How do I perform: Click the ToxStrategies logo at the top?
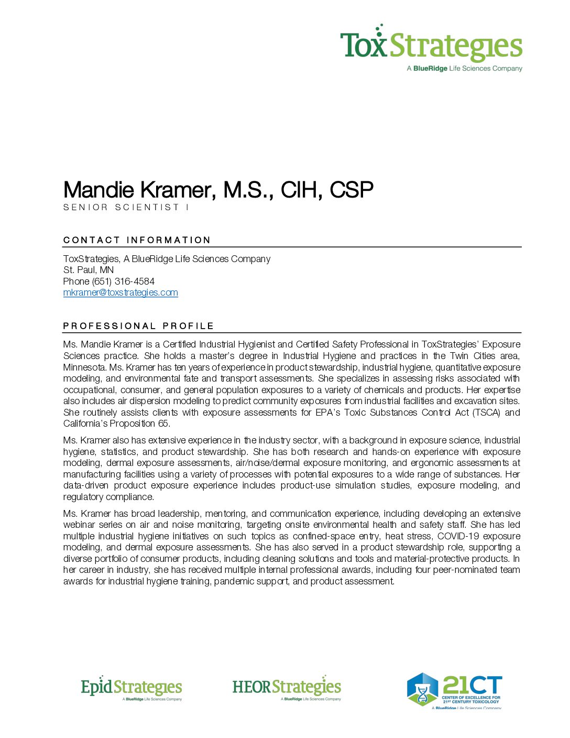coord(431,45)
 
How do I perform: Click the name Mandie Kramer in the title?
coord(139,190)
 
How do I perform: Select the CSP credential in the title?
coord(352,190)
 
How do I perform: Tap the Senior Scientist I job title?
coord(126,208)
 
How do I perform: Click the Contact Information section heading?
coord(137,240)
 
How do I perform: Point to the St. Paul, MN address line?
coord(89,270)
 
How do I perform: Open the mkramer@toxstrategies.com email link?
coord(120,292)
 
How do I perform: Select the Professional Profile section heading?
coord(138,326)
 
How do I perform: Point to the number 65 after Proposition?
coord(163,424)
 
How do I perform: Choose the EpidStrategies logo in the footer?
coord(131,688)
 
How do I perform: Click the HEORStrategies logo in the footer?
coord(287,688)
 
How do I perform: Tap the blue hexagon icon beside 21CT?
coord(422,689)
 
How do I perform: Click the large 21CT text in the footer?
coord(472,685)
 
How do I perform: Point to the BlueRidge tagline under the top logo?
coord(464,69)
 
